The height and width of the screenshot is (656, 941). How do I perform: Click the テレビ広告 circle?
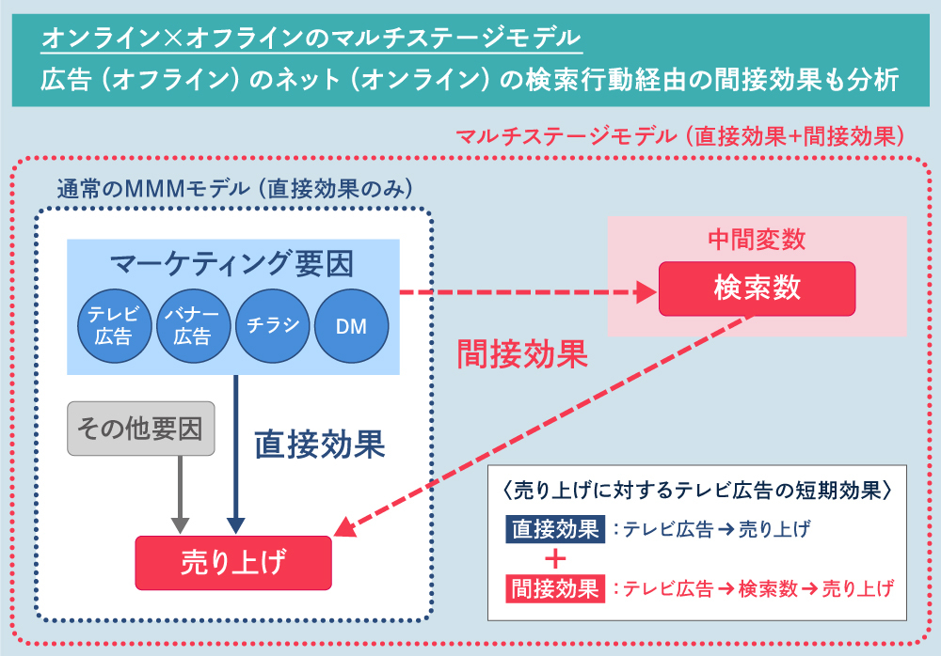(x=113, y=326)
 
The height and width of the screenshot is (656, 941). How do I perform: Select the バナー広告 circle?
(x=192, y=326)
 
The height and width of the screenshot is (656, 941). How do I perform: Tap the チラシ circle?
(x=273, y=326)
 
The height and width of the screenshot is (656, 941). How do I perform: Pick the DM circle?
(x=351, y=326)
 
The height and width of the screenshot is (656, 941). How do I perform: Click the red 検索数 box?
(x=757, y=289)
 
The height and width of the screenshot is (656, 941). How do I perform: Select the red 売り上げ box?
(x=233, y=562)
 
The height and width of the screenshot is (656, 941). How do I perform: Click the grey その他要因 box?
(x=141, y=430)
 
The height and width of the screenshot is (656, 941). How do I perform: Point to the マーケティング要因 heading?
(x=232, y=265)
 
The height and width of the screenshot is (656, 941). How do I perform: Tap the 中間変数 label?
(x=757, y=240)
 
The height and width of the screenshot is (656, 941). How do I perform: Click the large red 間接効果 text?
(x=521, y=353)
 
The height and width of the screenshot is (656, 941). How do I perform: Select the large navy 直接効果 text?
(x=320, y=445)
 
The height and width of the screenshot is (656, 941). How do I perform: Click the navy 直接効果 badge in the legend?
(x=553, y=529)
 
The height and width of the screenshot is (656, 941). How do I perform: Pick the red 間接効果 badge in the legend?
(x=553, y=589)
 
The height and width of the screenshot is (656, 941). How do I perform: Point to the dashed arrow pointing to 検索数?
(x=527, y=293)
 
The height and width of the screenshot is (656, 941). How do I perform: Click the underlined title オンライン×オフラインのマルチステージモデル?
(x=311, y=39)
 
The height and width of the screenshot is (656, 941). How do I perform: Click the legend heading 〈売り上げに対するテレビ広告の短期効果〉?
(x=697, y=491)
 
